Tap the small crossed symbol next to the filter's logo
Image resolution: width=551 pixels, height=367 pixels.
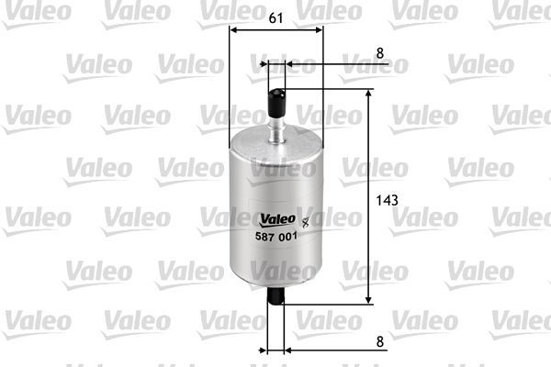tap(305, 218)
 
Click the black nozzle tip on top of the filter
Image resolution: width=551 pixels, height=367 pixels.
tap(276, 96)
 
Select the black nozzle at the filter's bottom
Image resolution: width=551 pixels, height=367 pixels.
tap(276, 296)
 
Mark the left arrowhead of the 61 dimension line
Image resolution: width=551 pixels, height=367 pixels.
tap(231, 29)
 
